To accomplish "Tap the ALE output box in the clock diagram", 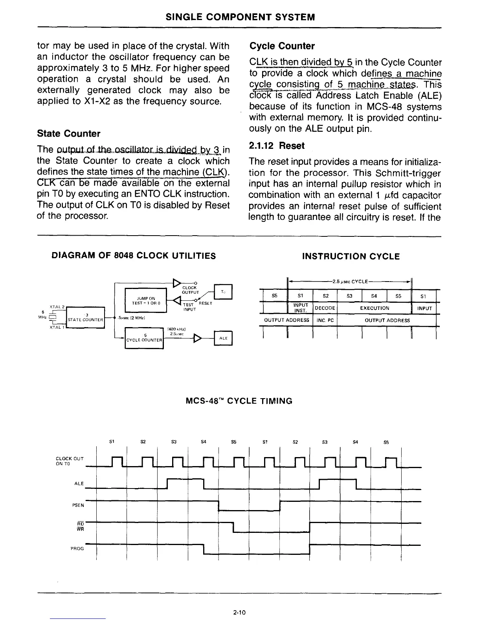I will pyautogui.click(x=223, y=338).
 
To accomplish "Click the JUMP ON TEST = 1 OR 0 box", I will pyautogui.click(x=145, y=301).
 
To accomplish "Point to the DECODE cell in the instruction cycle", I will pyautogui.click(x=325, y=308).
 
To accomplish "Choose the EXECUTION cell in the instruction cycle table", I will pyautogui.click(x=374, y=308).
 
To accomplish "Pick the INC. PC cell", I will pyautogui.click(x=325, y=320).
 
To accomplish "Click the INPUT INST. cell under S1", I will pyautogui.click(x=300, y=308).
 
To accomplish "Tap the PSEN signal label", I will pyautogui.click(x=79, y=506).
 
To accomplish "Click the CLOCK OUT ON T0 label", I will pyautogui.click(x=70, y=460).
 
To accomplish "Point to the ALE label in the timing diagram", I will pyautogui.click(x=79, y=483).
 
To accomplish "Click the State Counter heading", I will pyautogui.click(x=68, y=134).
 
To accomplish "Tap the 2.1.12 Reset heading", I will pyautogui.click(x=277, y=146).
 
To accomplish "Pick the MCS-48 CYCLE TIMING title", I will pyautogui.click(x=239, y=401).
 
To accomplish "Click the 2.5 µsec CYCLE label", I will pyautogui.click(x=350, y=281).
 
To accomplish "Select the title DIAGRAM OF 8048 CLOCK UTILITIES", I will pyautogui.click(x=134, y=256).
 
